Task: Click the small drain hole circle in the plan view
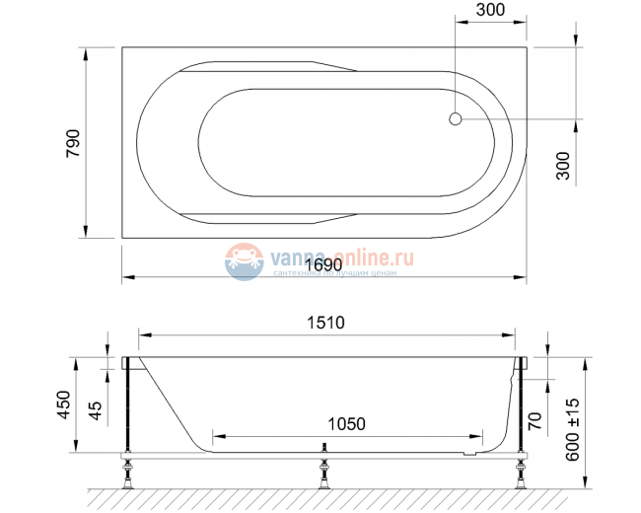[x=455, y=120]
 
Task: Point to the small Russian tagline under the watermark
[x=335, y=273]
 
